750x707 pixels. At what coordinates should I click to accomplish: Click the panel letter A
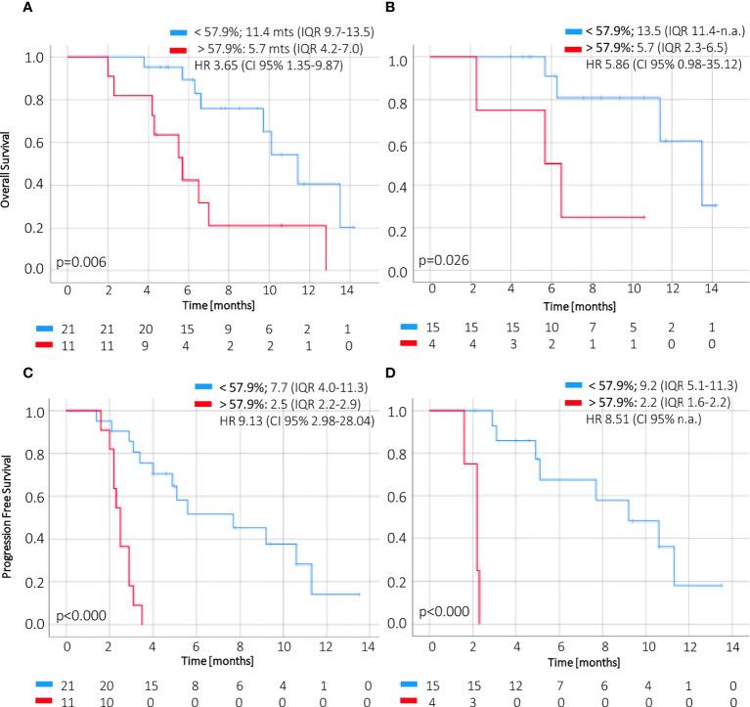(8, 10)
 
